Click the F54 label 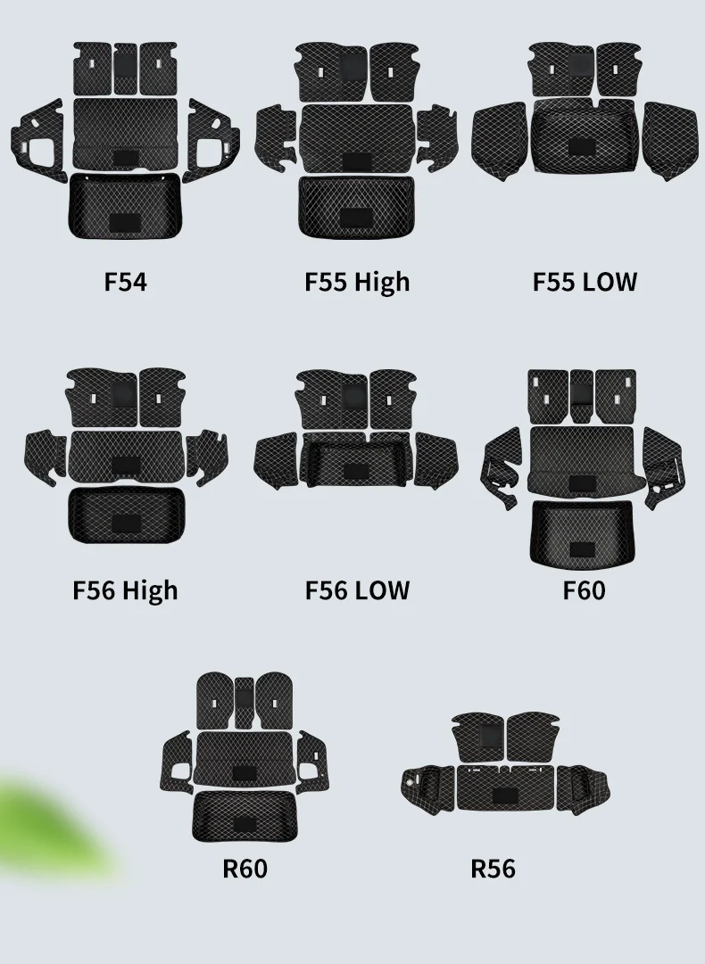point(125,282)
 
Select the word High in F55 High point(381,282)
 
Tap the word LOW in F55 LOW point(610,282)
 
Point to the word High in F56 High point(150,590)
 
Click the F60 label point(584,590)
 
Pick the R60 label point(245,868)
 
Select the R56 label point(493,868)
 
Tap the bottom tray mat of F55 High point(356,207)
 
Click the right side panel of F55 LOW point(671,140)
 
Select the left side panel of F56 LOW point(277,457)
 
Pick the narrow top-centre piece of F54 point(124,69)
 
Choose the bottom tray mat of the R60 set point(245,815)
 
